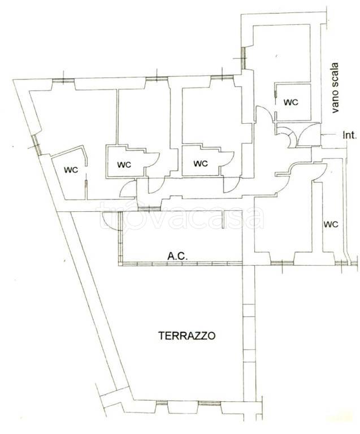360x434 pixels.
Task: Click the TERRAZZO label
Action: [186, 336]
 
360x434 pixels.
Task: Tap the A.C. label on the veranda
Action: [177, 256]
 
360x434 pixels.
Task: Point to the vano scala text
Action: [335, 88]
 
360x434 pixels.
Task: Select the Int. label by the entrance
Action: [350, 136]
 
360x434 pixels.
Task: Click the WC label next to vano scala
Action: [291, 102]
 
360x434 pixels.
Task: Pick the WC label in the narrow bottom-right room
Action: [331, 224]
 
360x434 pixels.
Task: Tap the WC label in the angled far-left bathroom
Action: [71, 170]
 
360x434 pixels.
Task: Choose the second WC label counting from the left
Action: [124, 164]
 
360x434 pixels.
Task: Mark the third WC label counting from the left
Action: [201, 163]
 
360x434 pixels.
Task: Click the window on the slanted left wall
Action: [37, 145]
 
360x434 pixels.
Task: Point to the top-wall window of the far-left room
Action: [63, 81]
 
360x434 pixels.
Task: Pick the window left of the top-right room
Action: [243, 58]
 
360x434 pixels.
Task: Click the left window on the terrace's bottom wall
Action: [161, 403]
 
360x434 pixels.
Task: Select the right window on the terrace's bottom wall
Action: [209, 403]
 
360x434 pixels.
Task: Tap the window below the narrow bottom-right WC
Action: [341, 263]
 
